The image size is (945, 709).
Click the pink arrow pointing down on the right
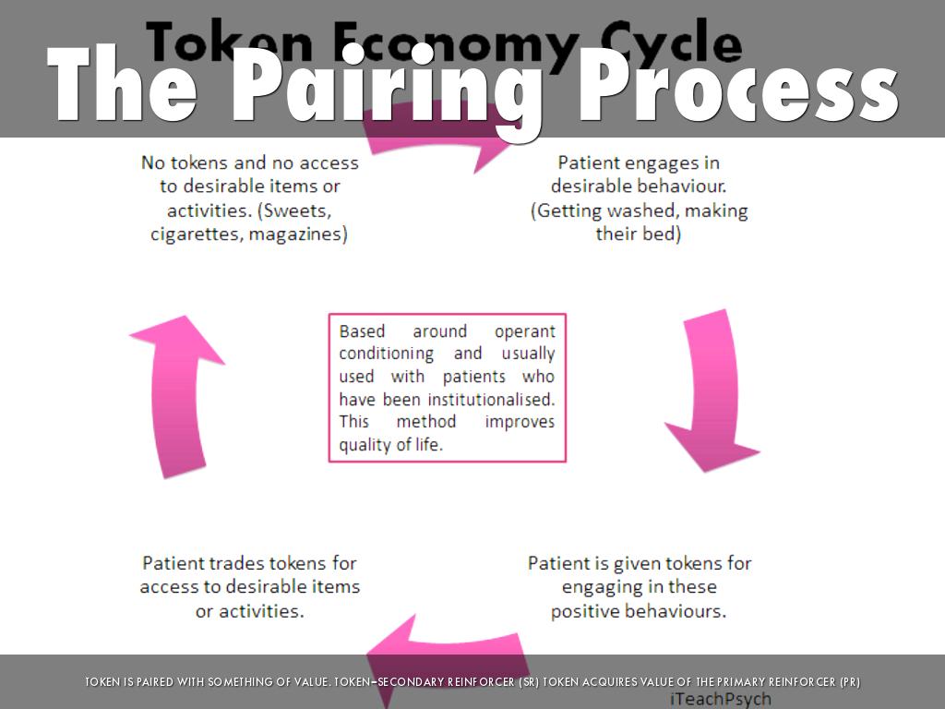click(712, 391)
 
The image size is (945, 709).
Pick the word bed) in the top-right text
click(662, 234)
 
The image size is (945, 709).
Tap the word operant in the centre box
click(524, 330)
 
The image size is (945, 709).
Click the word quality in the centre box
click(365, 444)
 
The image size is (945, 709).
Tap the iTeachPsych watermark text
click(720, 699)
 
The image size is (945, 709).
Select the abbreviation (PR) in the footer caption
click(846, 682)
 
